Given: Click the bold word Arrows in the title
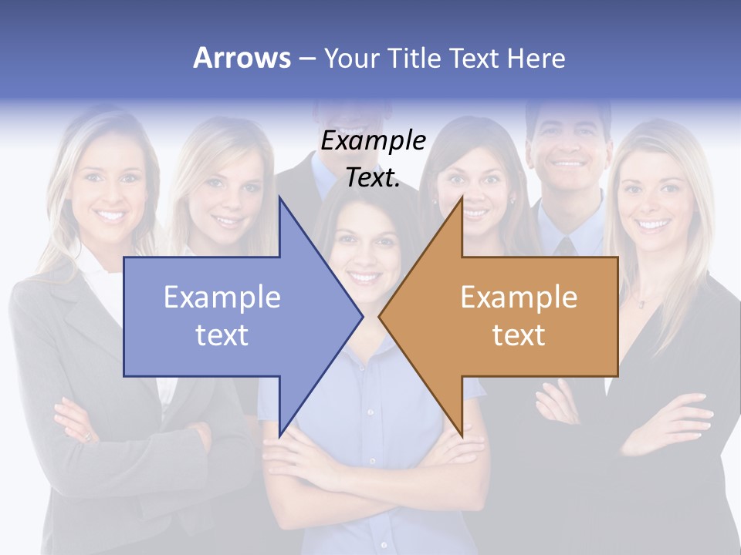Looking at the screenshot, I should [x=242, y=58].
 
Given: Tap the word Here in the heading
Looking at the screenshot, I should [x=536, y=58].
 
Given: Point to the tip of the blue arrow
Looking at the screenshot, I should [x=361, y=316].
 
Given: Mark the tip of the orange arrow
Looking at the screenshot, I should [x=380, y=316].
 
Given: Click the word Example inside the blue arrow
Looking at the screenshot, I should [x=222, y=297].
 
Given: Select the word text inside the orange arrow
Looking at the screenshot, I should [x=519, y=335].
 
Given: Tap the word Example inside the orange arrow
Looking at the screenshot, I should [x=519, y=297].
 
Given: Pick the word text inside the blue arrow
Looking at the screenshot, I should [x=222, y=335].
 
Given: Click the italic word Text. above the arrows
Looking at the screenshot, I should [x=373, y=178].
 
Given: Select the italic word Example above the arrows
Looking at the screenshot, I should [x=373, y=141].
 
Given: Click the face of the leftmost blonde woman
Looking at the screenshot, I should [x=110, y=185].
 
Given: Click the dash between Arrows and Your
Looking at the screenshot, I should [x=306, y=59].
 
